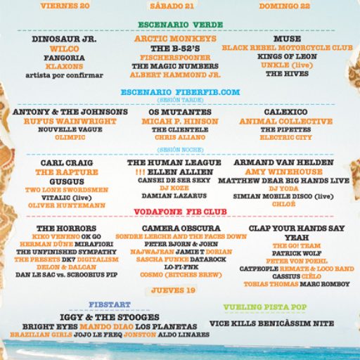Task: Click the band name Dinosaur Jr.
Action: (64, 39)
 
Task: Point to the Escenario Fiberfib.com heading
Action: (180, 92)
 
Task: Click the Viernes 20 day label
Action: (65, 5)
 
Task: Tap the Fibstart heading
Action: (109, 305)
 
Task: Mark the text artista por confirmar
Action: (64, 75)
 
